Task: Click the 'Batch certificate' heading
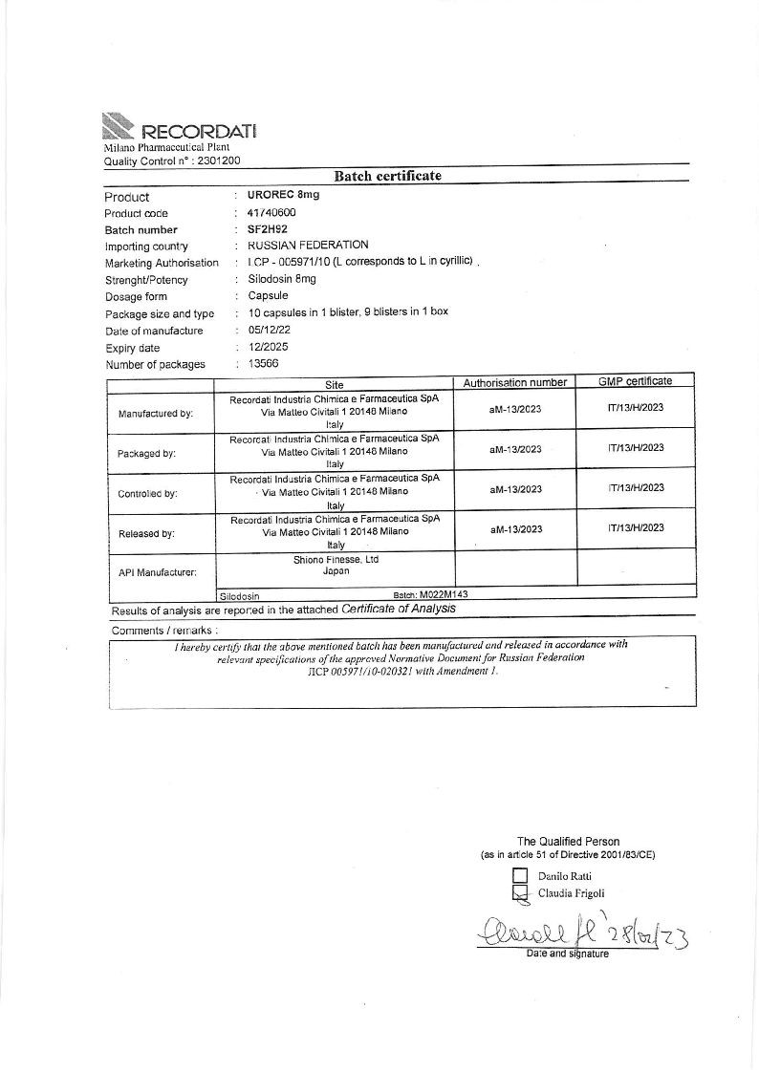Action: pos(387,176)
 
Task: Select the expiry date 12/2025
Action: pos(268,347)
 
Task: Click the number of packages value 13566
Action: pos(265,364)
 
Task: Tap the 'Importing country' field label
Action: pos(146,247)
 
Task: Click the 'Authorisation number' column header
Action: pos(515,382)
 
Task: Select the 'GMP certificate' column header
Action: pos(635,381)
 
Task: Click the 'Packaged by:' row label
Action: pos(147,454)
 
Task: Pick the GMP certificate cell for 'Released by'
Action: pos(636,527)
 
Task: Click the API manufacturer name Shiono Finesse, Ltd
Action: pos(336,560)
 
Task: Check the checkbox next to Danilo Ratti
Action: pos(521,875)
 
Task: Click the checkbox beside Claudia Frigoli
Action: pos(521,893)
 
